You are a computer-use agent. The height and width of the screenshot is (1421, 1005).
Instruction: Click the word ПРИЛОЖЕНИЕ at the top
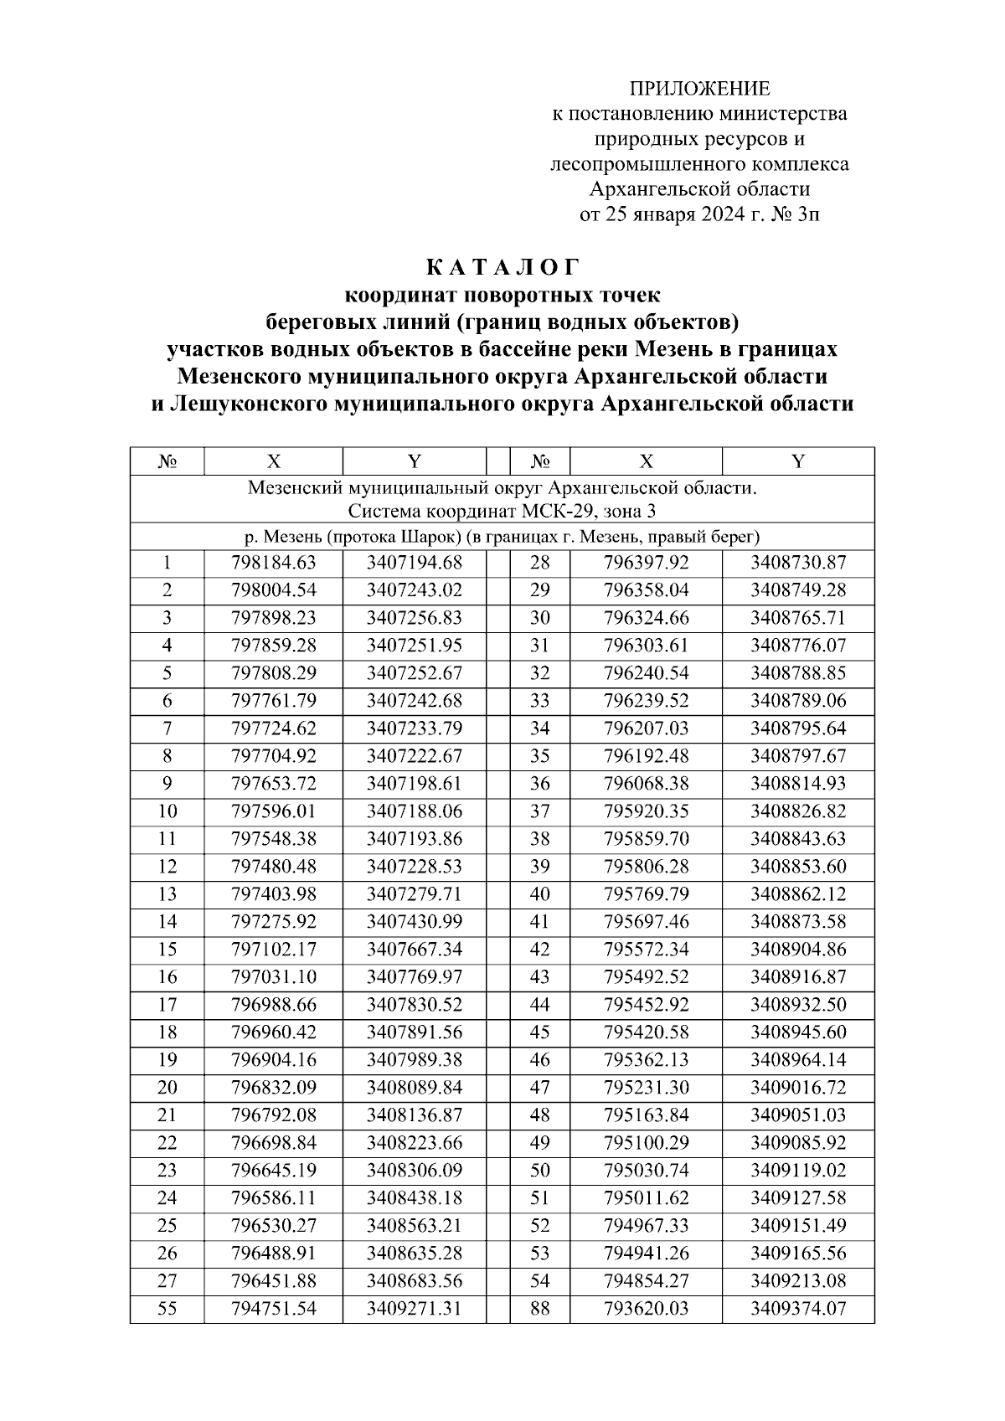[x=699, y=89]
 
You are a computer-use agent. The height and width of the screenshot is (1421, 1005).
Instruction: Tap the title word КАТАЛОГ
[x=502, y=268]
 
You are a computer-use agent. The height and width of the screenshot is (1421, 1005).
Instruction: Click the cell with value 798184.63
[x=273, y=563]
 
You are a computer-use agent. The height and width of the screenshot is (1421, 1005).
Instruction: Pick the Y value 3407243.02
[x=414, y=590]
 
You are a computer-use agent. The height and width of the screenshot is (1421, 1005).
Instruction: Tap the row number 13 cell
[x=167, y=894]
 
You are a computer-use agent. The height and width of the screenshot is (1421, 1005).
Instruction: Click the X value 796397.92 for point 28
[x=646, y=563]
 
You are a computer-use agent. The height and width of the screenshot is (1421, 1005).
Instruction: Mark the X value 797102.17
[x=273, y=950]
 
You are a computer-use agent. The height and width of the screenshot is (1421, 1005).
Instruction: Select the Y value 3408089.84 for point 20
[x=414, y=1088]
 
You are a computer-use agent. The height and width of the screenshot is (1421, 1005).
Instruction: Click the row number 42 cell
[x=540, y=950]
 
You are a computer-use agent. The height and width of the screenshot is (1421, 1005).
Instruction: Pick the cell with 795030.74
[x=646, y=1171]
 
